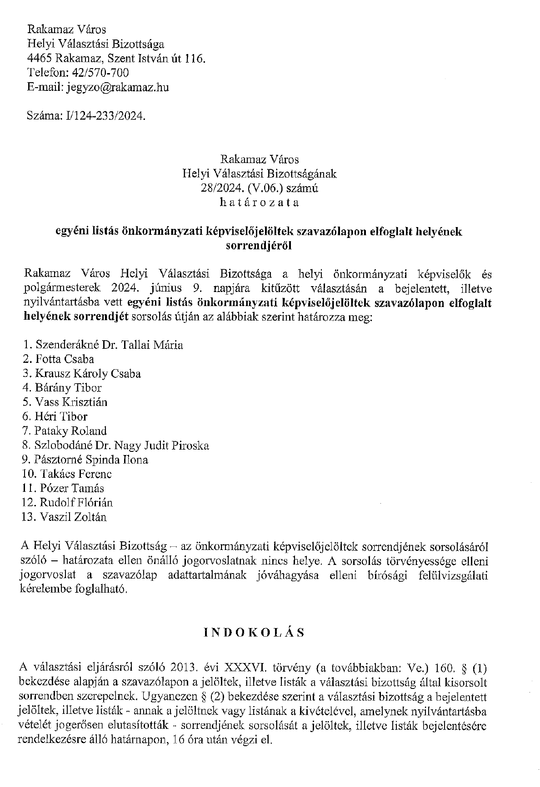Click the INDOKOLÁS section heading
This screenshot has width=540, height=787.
coord(254,633)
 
